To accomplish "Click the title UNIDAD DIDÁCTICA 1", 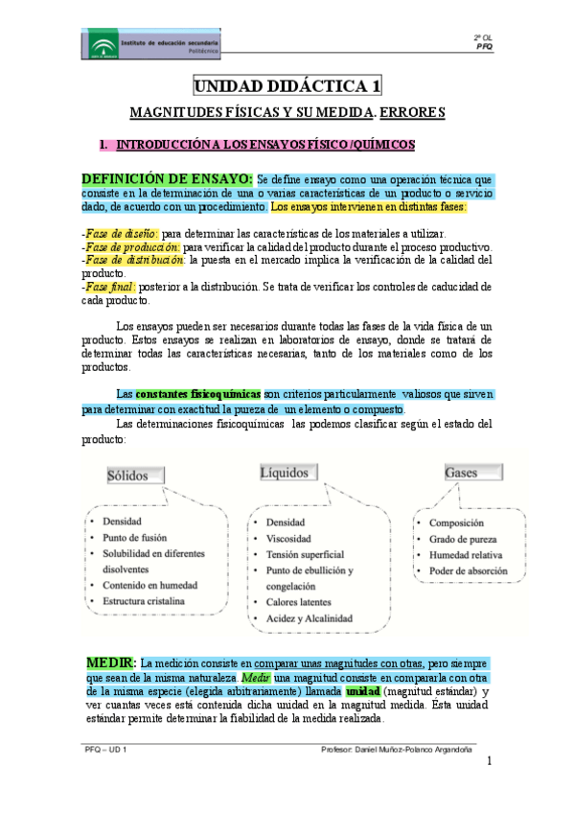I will pos(287,87).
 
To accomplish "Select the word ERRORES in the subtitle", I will pos(413,113).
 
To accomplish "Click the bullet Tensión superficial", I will pos(310,555).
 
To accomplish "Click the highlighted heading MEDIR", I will pos(110,662).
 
